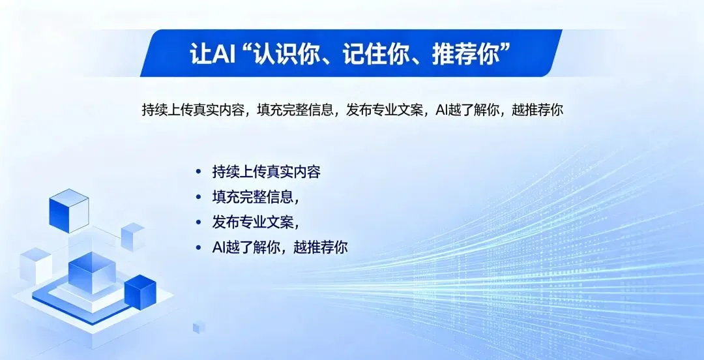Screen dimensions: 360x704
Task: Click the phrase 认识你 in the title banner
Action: pyautogui.click(x=286, y=53)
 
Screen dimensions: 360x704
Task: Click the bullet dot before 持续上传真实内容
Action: pyautogui.click(x=198, y=172)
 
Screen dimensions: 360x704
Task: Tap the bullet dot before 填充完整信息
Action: pyautogui.click(x=198, y=197)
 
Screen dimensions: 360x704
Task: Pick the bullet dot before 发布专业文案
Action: pyautogui.click(x=198, y=222)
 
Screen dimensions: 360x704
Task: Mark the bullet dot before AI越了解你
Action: pyautogui.click(x=198, y=248)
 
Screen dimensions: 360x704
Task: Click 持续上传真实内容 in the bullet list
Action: pyautogui.click(x=266, y=172)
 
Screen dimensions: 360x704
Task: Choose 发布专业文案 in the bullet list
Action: pyautogui.click(x=250, y=222)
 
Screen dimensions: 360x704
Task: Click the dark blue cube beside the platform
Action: pyautogui.click(x=139, y=292)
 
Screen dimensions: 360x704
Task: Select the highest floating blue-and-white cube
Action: pyautogui.click(x=68, y=209)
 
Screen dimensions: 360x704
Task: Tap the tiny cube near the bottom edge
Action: pyautogui.click(x=199, y=327)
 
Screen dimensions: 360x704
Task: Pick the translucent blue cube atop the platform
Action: pyautogui.click(x=92, y=272)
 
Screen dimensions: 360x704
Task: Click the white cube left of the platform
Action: pyautogui.click(x=35, y=264)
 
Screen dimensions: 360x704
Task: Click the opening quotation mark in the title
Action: pyautogui.click(x=248, y=49)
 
